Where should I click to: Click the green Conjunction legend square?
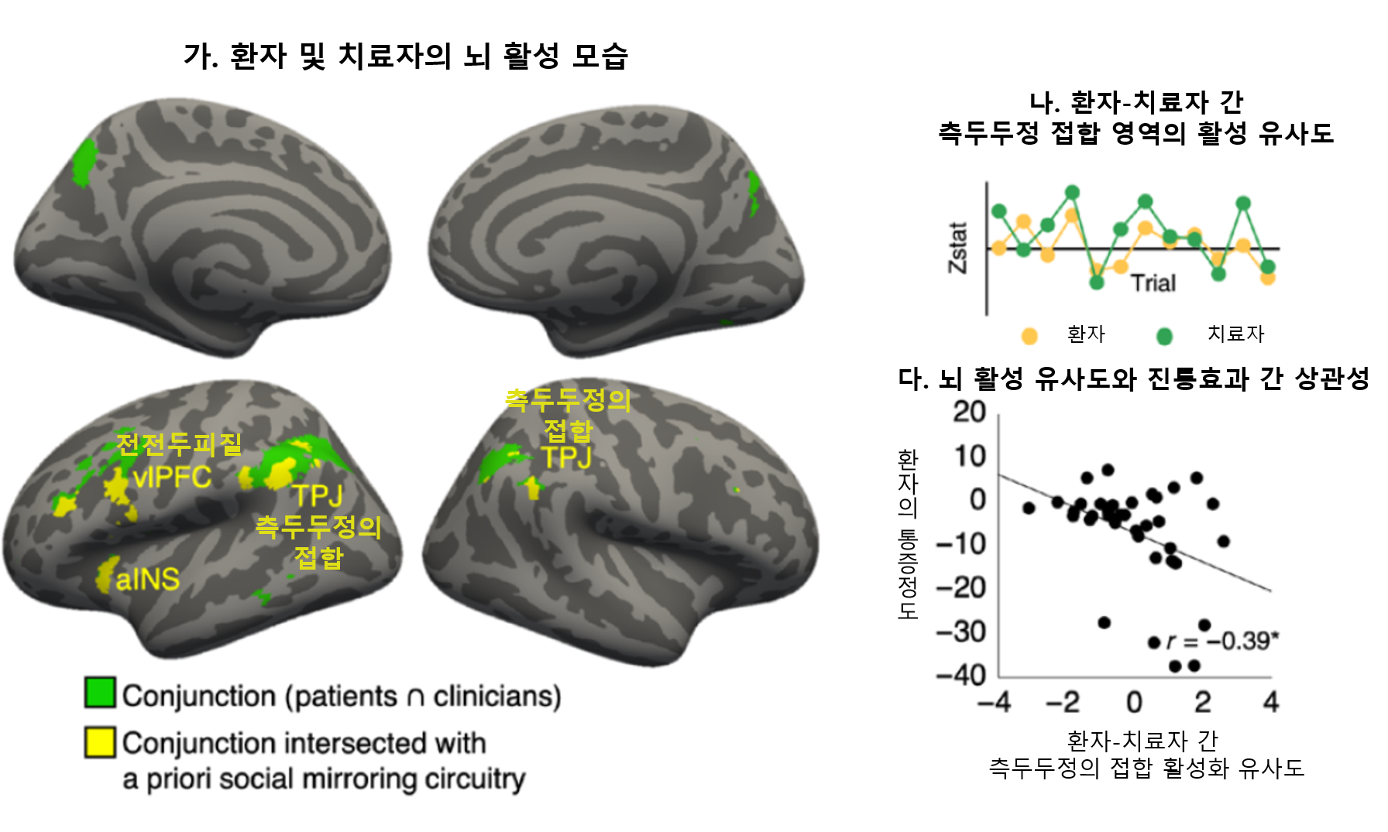click(100, 693)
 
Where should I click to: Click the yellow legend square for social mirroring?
click(100, 741)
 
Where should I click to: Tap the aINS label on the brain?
click(147, 579)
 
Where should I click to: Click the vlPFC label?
click(172, 477)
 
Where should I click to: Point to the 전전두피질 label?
click(179, 444)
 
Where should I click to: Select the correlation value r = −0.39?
click(1222, 641)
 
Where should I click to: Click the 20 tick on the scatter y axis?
click(969, 412)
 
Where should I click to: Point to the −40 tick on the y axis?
click(961, 675)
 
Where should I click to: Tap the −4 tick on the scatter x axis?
click(995, 702)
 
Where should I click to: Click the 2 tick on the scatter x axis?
click(1202, 702)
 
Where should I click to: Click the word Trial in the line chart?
click(1153, 283)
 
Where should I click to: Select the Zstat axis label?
click(958, 248)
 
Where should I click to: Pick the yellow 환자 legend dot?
click(1029, 336)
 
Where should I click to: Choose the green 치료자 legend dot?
click(1164, 336)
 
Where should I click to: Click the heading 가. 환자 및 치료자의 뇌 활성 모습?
click(405, 56)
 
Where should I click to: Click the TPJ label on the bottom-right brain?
click(566, 457)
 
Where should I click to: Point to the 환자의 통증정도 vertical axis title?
click(907, 534)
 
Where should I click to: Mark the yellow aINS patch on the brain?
click(106, 574)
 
